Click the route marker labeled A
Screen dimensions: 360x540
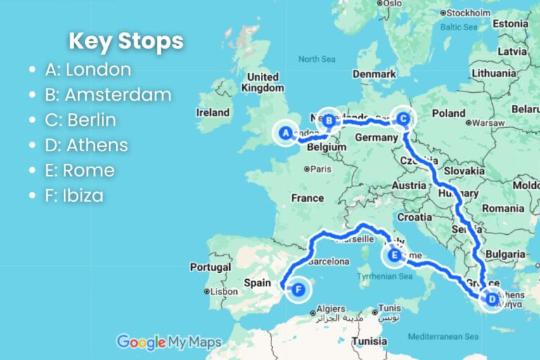[x=285, y=133]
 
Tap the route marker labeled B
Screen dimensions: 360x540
[x=328, y=119]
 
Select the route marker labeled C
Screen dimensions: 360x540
[x=403, y=119]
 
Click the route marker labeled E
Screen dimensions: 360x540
[x=394, y=257]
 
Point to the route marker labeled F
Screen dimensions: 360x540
[x=300, y=289]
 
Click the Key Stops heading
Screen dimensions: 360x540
[x=126, y=41]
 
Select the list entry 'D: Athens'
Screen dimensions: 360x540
[x=86, y=146]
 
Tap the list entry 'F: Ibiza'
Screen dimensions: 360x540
[x=74, y=196]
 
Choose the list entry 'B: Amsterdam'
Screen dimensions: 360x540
[x=108, y=95]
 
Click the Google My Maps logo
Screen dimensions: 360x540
[x=169, y=342]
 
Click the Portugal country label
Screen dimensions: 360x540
[x=210, y=267]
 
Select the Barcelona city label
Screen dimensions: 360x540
[x=328, y=262]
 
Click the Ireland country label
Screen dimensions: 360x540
[x=213, y=112]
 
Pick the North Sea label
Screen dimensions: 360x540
[x=314, y=60]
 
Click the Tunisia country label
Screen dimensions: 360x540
[x=370, y=342]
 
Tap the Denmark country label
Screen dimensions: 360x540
[x=374, y=73]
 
